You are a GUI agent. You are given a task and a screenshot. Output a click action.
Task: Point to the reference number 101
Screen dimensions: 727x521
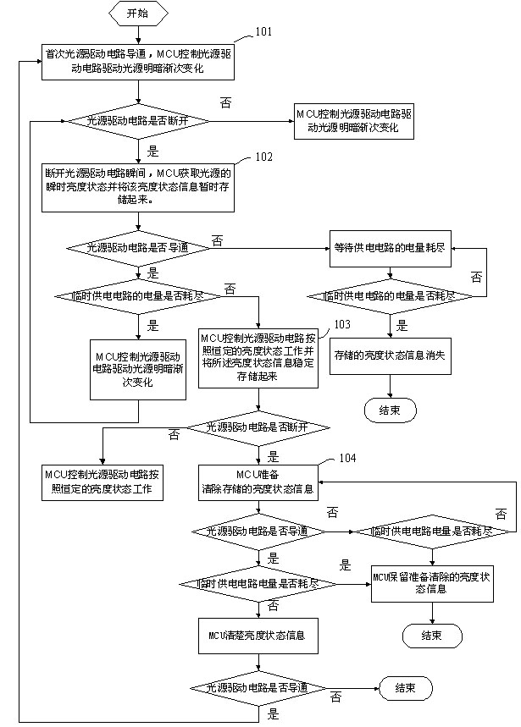point(264,33)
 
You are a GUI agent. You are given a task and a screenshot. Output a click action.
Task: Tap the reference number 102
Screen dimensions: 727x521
point(264,157)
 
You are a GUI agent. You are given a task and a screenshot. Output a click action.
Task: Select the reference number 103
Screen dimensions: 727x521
point(342,324)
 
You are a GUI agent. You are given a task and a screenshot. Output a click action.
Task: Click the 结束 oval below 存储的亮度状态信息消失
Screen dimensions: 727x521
point(390,411)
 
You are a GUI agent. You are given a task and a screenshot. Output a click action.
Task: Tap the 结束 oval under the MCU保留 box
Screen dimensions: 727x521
point(431,635)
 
